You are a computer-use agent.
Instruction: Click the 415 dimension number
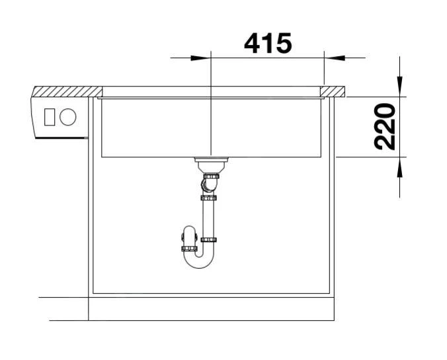[268, 44]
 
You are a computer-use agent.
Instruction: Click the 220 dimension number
[385, 127]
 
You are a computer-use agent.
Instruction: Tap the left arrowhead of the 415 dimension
[200, 58]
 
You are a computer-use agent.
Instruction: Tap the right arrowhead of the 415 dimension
[335, 58]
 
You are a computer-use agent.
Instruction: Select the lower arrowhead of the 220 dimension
[399, 168]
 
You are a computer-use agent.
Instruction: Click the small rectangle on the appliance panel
[50, 117]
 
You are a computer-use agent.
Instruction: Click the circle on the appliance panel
[68, 117]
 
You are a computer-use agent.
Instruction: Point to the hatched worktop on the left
[67, 91]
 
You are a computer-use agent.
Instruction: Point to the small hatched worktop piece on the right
[333, 91]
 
